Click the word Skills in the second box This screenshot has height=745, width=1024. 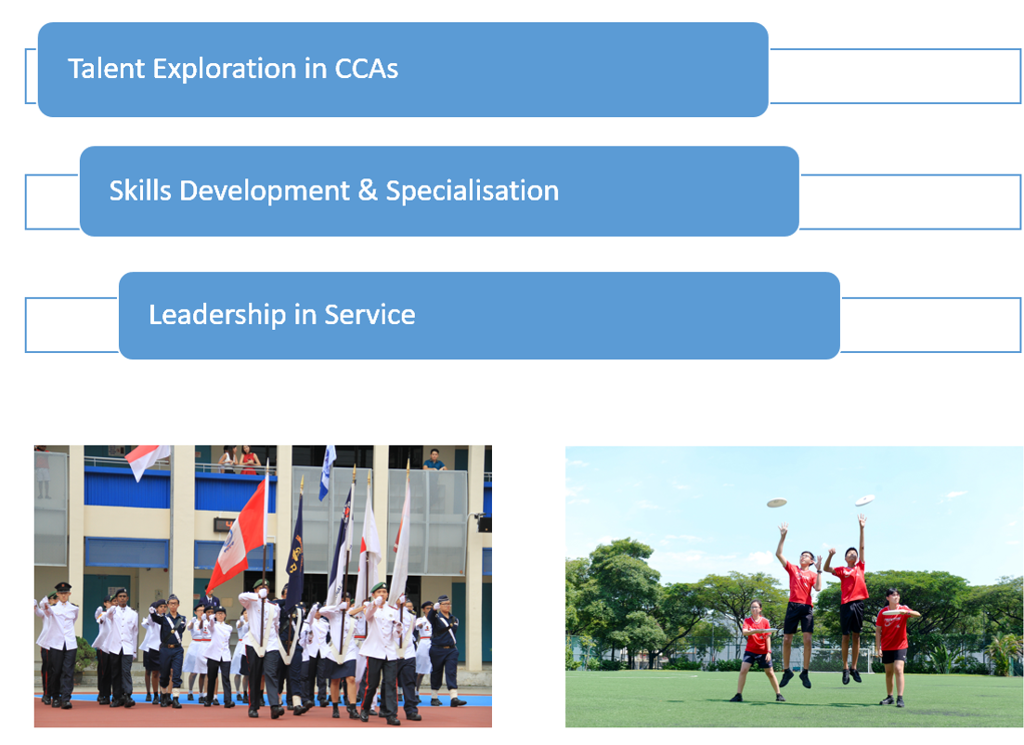[139, 190]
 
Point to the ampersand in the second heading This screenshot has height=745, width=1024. [368, 190]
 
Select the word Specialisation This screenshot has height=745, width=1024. [472, 191]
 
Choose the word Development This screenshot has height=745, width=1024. [266, 190]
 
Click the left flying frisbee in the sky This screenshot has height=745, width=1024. [776, 503]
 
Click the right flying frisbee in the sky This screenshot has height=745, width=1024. [864, 500]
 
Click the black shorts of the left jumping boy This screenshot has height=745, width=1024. [799, 618]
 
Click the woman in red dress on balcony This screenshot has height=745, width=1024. [247, 459]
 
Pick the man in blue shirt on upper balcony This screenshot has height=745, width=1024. [434, 460]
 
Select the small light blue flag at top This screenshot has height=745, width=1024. [327, 471]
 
